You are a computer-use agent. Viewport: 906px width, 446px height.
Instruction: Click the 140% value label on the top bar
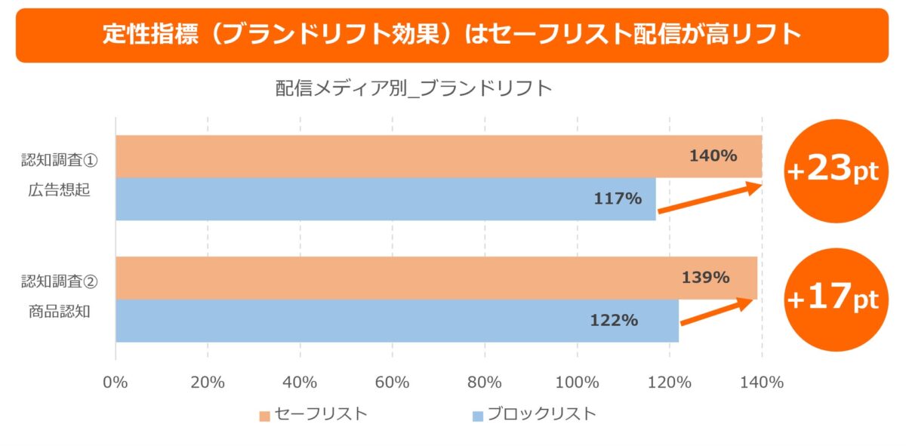(x=713, y=156)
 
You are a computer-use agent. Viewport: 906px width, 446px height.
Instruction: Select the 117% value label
(x=618, y=199)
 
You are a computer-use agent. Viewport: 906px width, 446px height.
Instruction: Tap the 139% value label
(x=705, y=277)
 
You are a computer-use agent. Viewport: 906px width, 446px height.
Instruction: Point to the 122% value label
(x=614, y=320)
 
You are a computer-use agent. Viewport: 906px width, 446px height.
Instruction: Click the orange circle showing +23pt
(x=833, y=171)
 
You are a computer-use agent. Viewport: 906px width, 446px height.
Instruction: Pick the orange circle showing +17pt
(x=833, y=299)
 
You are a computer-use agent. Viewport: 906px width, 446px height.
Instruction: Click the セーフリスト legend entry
(x=313, y=414)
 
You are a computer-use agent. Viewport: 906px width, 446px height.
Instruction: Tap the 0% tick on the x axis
(x=116, y=383)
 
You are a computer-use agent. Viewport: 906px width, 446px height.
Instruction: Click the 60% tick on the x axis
(x=392, y=383)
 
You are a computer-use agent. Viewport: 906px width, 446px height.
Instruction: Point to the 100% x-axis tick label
(x=577, y=383)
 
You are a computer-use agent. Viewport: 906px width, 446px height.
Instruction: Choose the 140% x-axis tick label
(x=761, y=383)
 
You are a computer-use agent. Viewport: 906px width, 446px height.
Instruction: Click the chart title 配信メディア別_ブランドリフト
(x=414, y=89)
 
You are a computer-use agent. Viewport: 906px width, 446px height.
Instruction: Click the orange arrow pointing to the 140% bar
(x=710, y=198)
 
